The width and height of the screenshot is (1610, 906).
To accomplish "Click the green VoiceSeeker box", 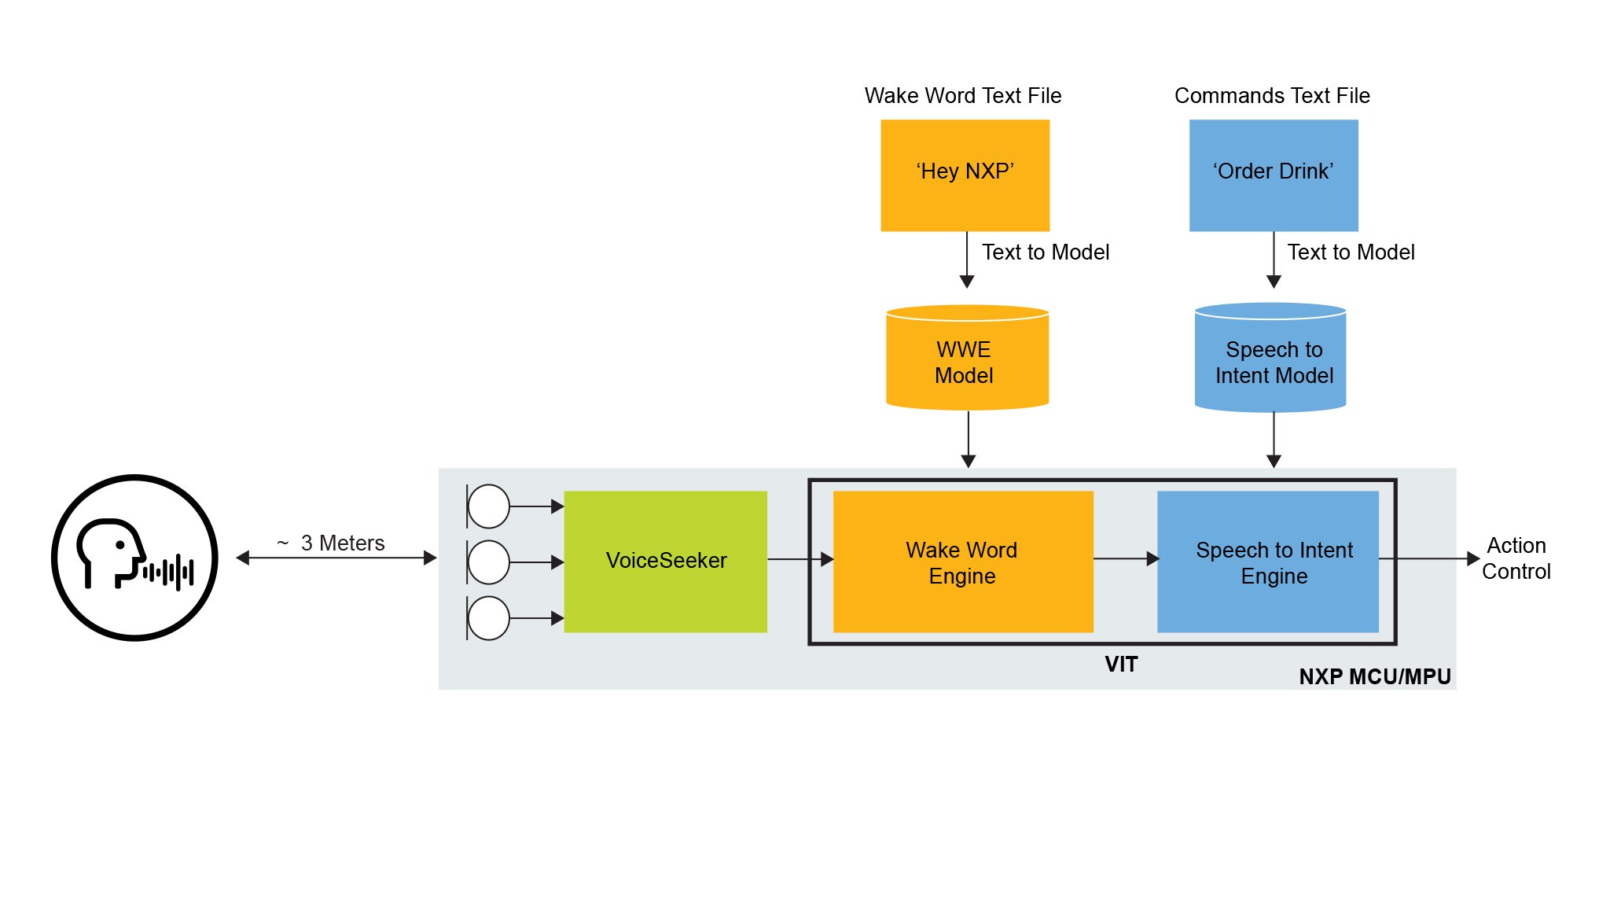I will click(x=665, y=561).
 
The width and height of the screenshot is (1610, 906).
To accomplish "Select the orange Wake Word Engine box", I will click(x=962, y=562).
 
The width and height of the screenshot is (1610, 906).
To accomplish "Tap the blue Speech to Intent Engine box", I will click(x=1267, y=562).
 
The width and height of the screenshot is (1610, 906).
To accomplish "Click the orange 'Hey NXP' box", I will click(x=965, y=175).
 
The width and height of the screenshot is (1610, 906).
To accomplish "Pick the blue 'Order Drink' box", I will click(x=1273, y=175).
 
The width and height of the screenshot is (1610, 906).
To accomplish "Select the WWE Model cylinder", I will click(x=967, y=360).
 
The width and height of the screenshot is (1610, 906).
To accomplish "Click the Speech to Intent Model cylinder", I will click(x=1270, y=360).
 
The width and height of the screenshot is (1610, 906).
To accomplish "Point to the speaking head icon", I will click(x=134, y=558).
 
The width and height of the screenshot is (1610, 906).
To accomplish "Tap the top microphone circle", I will click(x=489, y=506).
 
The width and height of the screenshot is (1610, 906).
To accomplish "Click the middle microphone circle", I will click(x=489, y=562).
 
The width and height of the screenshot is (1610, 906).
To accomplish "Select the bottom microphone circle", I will click(x=489, y=618).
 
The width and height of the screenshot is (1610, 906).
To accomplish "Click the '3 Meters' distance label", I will click(x=341, y=543).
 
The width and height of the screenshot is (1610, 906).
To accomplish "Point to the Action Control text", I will click(x=1516, y=558).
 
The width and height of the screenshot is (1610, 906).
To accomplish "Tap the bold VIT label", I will click(x=1121, y=665).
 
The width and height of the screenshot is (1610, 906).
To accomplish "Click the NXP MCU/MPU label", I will click(x=1374, y=676).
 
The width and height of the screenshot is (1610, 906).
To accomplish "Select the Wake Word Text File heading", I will click(x=962, y=96).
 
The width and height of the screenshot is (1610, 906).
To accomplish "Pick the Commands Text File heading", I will click(x=1271, y=96).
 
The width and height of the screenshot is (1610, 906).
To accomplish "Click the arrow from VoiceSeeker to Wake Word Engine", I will click(x=799, y=559).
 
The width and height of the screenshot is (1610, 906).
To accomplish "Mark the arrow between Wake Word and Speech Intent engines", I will click(x=1125, y=559).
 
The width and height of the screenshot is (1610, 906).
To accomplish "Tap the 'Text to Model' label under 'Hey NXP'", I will click(x=1045, y=252).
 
